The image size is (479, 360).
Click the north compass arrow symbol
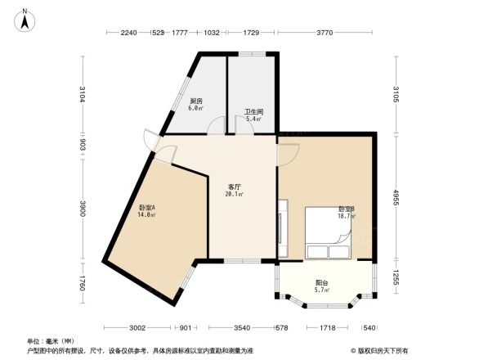pyautogui.click(x=25, y=19)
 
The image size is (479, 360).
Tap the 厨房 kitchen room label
pyautogui.click(x=196, y=100)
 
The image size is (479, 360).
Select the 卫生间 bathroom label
pyautogui.click(x=253, y=111)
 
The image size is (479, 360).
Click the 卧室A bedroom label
pyautogui.click(x=147, y=208)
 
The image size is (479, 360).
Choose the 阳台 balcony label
pyautogui.click(x=322, y=283)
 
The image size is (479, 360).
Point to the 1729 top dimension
pyautogui.click(x=252, y=32)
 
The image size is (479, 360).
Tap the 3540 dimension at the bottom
pyautogui.click(x=240, y=327)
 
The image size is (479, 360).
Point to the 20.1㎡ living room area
pyautogui.click(x=234, y=196)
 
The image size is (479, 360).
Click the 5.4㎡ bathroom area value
pyautogui.click(x=253, y=119)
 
